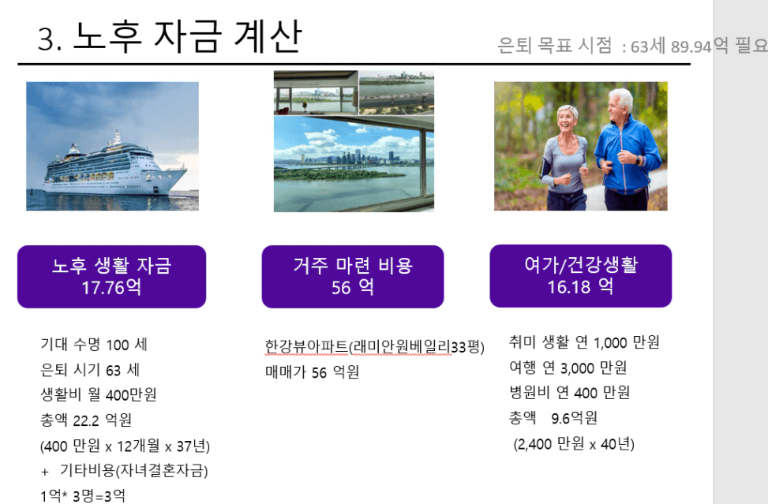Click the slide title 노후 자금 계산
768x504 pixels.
187,37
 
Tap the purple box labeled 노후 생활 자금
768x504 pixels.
111,277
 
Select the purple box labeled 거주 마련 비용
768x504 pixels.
353,277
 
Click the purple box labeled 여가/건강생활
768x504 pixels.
580,276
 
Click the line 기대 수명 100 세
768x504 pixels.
94,345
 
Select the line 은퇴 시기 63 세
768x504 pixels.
90,370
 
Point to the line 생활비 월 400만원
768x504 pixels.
98,395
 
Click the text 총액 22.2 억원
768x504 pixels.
86,420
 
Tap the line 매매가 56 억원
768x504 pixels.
312,371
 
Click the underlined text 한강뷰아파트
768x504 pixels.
306,346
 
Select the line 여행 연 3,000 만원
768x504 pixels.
568,368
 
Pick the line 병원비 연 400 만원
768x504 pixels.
569,393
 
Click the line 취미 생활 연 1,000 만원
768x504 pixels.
584,342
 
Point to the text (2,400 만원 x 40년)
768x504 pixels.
574,444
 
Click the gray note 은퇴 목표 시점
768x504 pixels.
554,46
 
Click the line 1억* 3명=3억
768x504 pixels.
82,495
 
